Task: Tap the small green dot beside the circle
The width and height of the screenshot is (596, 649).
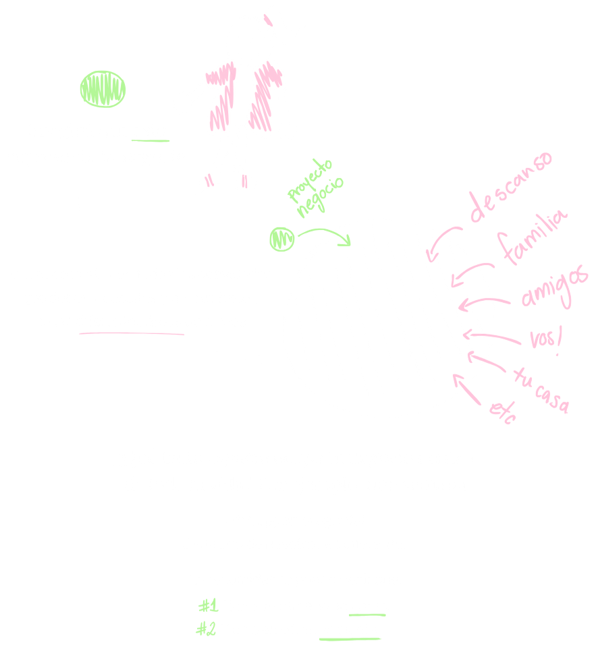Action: pos(280,239)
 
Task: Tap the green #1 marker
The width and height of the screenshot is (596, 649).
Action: pos(207,605)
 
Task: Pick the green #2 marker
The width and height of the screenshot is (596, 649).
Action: pos(205,629)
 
